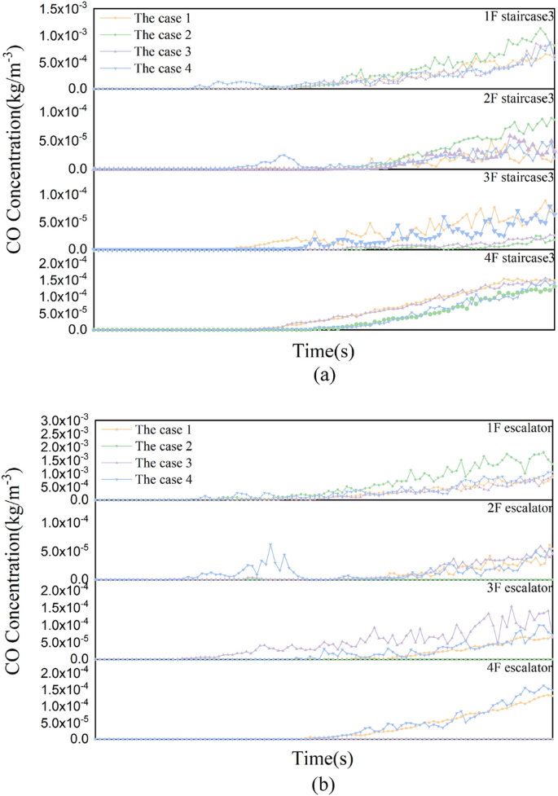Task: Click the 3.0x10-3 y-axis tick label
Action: tap(54, 419)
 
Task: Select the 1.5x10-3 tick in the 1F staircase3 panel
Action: tap(54, 8)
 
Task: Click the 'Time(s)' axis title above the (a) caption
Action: tap(324, 352)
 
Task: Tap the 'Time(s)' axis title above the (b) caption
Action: tap(324, 759)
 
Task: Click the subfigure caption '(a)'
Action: tap(324, 376)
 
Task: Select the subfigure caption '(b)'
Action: tap(324, 785)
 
